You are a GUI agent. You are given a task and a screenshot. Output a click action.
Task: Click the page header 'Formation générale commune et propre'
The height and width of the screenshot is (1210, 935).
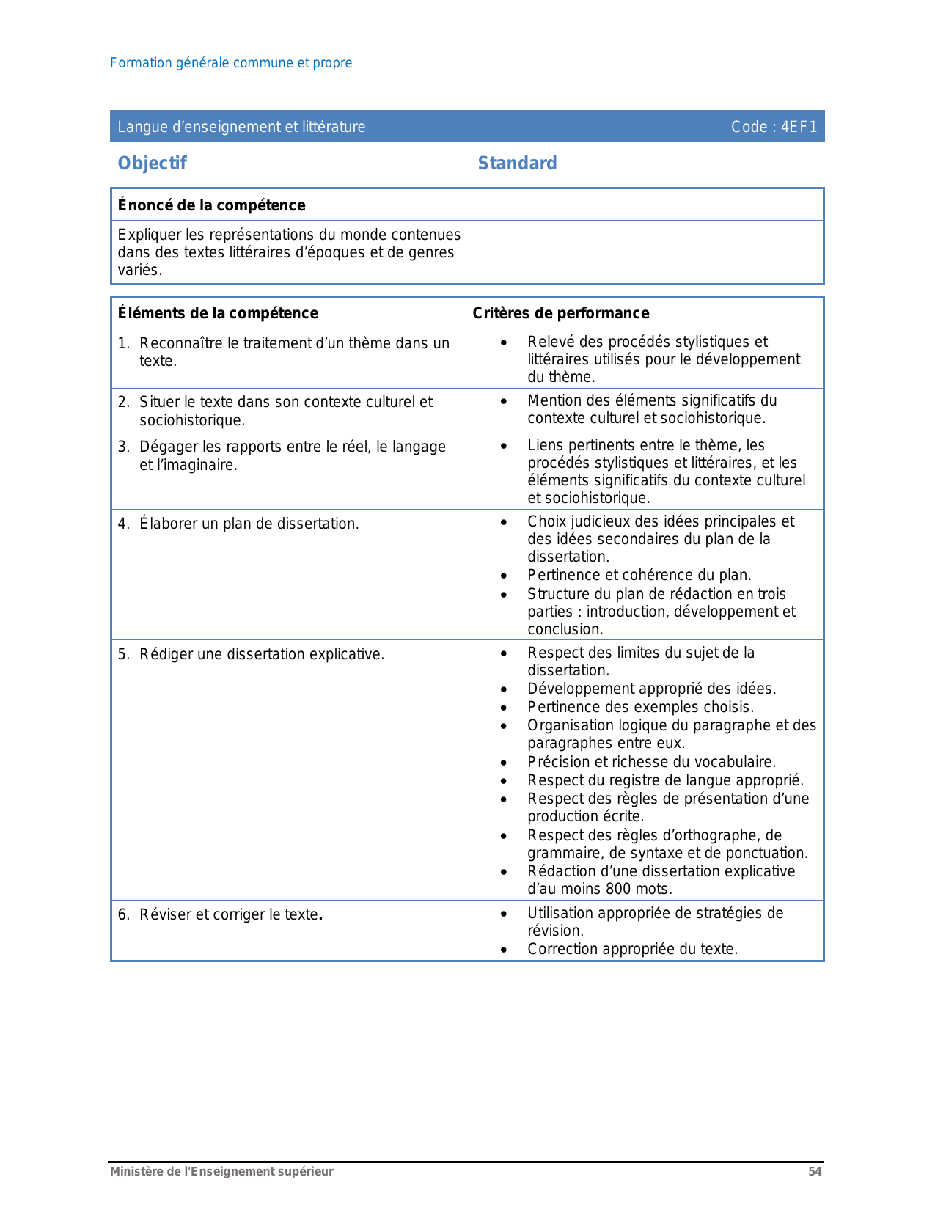(230, 63)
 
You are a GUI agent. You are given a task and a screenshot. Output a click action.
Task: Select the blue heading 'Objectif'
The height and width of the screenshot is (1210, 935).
(152, 163)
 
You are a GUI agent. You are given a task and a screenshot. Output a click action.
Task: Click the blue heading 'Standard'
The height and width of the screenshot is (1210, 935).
(517, 163)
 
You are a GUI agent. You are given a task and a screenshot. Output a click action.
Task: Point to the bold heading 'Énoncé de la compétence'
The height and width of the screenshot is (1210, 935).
(211, 205)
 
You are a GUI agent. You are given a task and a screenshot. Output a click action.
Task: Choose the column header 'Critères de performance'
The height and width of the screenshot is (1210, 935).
(560, 313)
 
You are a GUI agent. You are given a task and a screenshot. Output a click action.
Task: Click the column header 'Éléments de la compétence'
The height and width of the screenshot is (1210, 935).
(218, 313)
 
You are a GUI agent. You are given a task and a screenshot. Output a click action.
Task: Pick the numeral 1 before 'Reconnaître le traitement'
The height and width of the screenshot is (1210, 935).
(122, 343)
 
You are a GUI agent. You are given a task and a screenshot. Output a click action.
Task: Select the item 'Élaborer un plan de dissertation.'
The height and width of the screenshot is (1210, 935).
(249, 524)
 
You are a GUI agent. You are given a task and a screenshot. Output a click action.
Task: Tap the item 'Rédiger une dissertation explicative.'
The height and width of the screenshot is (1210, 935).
(262, 654)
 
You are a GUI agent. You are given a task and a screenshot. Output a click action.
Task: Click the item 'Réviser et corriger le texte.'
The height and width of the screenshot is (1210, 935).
(231, 914)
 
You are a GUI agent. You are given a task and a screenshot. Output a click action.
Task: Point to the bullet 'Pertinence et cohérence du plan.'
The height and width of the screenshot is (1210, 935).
(639, 575)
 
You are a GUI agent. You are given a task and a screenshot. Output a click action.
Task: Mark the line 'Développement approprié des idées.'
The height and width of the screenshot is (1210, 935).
(651, 689)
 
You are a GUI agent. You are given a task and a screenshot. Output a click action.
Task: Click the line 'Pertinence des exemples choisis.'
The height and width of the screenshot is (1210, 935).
(640, 707)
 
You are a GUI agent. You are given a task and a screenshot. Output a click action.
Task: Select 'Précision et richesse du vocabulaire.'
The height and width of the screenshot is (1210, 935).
(651, 762)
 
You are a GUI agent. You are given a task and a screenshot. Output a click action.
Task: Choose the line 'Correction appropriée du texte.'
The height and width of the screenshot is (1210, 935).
(632, 949)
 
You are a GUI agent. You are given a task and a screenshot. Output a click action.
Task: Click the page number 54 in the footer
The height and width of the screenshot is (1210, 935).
(815, 1172)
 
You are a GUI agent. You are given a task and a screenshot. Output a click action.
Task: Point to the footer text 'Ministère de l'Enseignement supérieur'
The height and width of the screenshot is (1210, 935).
(221, 1172)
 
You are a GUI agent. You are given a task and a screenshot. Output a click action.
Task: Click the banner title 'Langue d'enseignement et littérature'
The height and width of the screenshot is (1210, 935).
(241, 127)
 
